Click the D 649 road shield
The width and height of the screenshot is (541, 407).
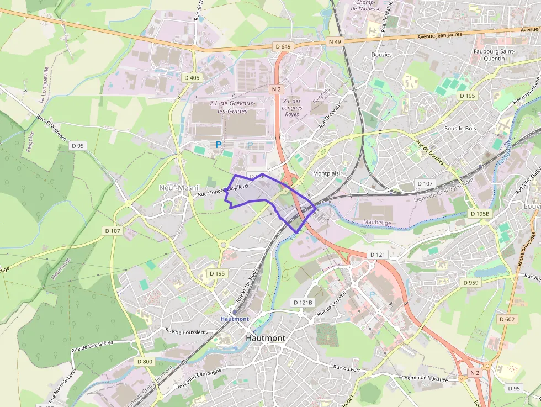click(282, 46)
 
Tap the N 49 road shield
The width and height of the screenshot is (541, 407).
click(335, 41)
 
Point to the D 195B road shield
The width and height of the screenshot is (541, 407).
click(480, 213)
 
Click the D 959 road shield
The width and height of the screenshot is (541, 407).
click(471, 283)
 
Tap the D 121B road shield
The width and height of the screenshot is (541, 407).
click(303, 303)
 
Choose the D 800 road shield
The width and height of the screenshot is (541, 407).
click(144, 362)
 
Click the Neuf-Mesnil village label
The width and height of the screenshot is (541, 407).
click(179, 188)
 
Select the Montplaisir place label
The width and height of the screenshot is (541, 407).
click(328, 173)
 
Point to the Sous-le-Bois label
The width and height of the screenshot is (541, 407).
click(460, 128)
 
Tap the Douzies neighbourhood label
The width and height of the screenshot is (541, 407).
click(381, 55)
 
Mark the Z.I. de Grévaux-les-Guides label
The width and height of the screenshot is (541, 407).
click(229, 107)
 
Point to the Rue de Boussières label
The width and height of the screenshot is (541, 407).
click(187, 332)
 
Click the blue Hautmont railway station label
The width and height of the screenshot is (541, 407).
click(234, 319)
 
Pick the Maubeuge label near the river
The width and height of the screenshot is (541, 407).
click(377, 222)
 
